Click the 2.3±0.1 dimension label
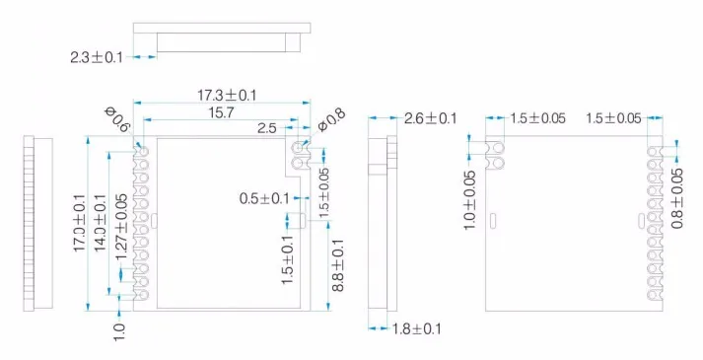[97, 57]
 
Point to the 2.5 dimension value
[267, 128]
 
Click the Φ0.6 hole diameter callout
[117, 120]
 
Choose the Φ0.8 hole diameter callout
[332, 120]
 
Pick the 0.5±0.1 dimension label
[261, 198]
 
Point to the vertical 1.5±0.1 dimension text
[287, 260]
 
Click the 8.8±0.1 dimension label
[337, 263]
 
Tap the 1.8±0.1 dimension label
[415, 328]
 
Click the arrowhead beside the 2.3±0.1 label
[151, 56]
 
